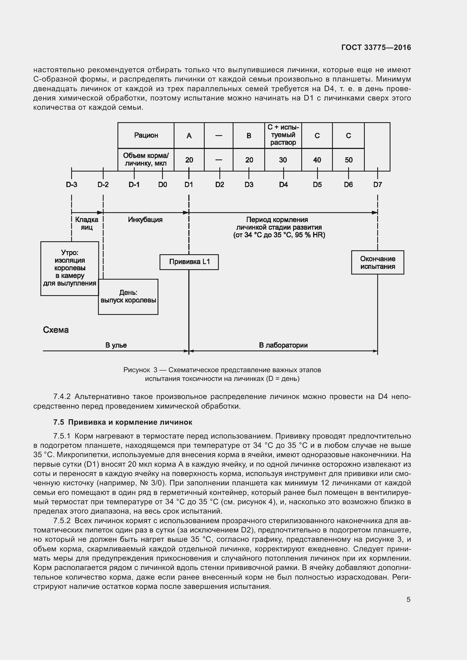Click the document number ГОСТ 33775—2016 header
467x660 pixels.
pyautogui.click(x=376, y=47)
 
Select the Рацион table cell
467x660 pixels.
pyautogui.click(x=146, y=135)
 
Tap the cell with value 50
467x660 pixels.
pyautogui.click(x=348, y=160)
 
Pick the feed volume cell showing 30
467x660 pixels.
pyautogui.click(x=283, y=160)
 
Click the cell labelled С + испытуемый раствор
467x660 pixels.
pyautogui.click(x=283, y=135)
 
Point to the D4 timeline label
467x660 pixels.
pyautogui.click(x=283, y=185)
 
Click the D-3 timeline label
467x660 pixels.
pyautogui.click(x=71, y=185)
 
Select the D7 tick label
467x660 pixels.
pyautogui.click(x=377, y=185)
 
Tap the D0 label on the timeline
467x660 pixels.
pyautogui.click(x=162, y=185)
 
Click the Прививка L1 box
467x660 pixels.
pyautogui.click(x=189, y=262)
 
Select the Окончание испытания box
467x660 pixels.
pyautogui.click(x=377, y=262)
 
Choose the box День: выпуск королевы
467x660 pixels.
pyautogui.click(x=128, y=297)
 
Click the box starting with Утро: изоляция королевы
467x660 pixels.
pyautogui.click(x=69, y=268)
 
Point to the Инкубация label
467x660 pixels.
pyautogui.click(x=145, y=220)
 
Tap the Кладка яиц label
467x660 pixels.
pyautogui.click(x=87, y=223)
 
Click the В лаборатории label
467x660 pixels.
pyautogui.click(x=283, y=345)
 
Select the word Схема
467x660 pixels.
pyautogui.click(x=56, y=330)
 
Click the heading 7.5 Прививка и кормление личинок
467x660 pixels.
pyautogui.click(x=123, y=422)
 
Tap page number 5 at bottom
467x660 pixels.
pyautogui.click(x=408, y=599)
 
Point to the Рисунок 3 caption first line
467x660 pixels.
pyautogui.click(x=222, y=370)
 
